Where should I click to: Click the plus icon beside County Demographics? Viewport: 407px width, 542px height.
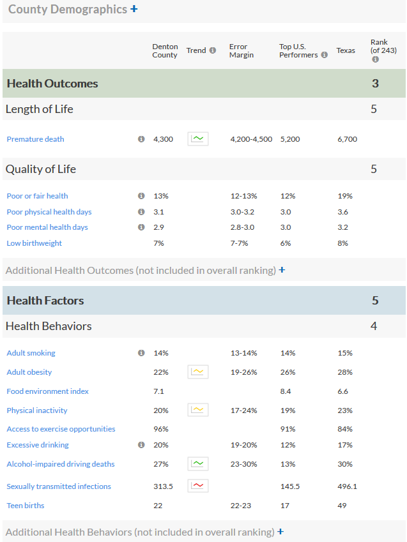tap(134, 9)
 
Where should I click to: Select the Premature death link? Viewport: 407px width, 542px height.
tap(35, 139)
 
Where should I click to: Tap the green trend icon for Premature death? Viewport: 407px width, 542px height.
tap(198, 139)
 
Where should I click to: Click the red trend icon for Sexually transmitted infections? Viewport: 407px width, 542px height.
tap(198, 486)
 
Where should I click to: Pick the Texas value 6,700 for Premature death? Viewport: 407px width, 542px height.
tap(348, 139)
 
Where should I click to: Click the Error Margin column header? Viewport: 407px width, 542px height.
tap(242, 51)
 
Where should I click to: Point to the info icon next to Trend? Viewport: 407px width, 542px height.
tap(213, 50)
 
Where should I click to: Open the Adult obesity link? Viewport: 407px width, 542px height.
tap(29, 372)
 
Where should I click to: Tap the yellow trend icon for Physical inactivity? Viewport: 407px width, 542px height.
tap(198, 410)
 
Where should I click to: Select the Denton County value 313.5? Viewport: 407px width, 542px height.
tap(163, 486)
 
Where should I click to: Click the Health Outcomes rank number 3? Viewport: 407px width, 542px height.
tap(375, 83)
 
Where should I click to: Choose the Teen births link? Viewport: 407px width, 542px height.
tap(26, 506)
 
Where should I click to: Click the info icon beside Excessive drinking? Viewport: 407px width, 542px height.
tap(141, 444)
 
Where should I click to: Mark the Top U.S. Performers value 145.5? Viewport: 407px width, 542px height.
tap(290, 486)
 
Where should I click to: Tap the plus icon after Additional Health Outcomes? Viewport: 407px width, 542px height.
tap(282, 269)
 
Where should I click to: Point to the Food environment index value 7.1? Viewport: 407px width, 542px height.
tap(158, 391)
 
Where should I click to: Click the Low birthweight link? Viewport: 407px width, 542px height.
tap(35, 243)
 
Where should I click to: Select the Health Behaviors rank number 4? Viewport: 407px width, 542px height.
tap(374, 326)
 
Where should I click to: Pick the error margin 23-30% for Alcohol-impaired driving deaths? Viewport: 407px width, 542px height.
tap(243, 464)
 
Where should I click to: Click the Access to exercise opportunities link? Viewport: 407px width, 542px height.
tap(61, 429)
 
